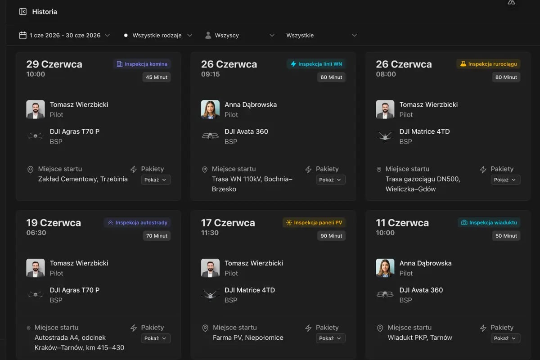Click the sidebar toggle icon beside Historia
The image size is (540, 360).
[23, 12]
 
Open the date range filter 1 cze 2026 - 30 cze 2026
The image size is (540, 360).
[65, 35]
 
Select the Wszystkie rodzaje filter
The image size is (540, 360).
[158, 35]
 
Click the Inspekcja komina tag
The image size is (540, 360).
[142, 64]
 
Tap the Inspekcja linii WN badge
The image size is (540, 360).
[316, 64]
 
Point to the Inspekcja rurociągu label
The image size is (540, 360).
[488, 64]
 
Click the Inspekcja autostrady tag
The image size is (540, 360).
[137, 222]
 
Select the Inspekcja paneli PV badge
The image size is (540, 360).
[314, 222]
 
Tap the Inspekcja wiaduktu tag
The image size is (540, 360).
[489, 222]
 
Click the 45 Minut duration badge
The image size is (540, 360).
[157, 77]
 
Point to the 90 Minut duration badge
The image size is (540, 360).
[331, 236]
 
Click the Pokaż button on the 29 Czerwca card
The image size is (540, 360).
[156, 180]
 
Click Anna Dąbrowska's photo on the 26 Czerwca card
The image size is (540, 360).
[210, 109]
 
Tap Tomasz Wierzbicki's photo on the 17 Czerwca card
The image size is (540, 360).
[210, 268]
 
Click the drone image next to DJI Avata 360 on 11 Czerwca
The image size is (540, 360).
[385, 294]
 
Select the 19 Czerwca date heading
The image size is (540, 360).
[54, 223]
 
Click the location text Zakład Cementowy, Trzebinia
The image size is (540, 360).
[83, 179]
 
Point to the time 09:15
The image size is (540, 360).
[211, 74]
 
